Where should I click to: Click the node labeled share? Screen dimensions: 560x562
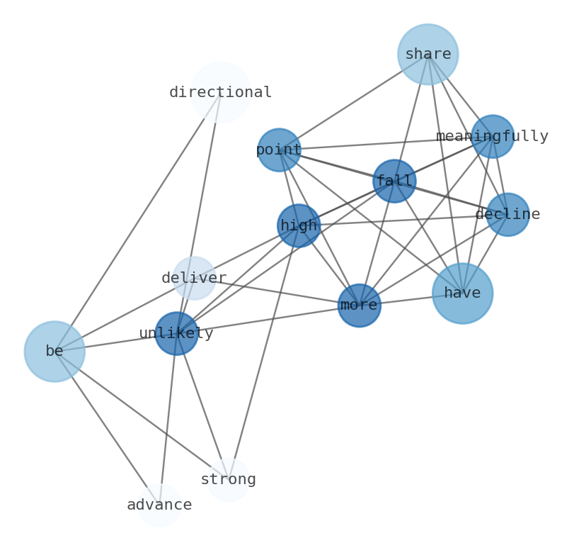point(428,54)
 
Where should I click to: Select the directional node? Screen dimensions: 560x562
point(221,92)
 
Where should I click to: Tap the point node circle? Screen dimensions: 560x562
point(279,150)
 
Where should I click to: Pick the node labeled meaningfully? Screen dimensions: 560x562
point(492,136)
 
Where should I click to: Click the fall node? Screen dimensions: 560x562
point(394,181)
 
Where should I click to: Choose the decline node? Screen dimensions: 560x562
point(507,214)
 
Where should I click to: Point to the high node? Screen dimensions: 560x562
point(299,225)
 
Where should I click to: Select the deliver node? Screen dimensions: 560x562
point(194,278)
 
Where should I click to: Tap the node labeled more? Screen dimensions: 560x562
point(359,306)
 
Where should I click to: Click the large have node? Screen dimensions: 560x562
point(462,293)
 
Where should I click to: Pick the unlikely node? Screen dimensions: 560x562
point(176,333)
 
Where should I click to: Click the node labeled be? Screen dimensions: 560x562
point(55,352)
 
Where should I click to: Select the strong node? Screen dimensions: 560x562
point(228,480)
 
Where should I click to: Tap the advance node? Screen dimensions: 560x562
point(159,505)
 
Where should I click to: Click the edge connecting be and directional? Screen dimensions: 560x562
point(137,222)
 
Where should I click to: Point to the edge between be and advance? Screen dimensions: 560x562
point(107,428)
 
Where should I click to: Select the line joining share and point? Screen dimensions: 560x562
point(353,102)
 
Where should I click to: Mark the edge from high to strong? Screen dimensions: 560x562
point(263,352)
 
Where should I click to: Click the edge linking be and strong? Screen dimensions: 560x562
point(141,415)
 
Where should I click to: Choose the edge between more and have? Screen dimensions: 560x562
point(411,299)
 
